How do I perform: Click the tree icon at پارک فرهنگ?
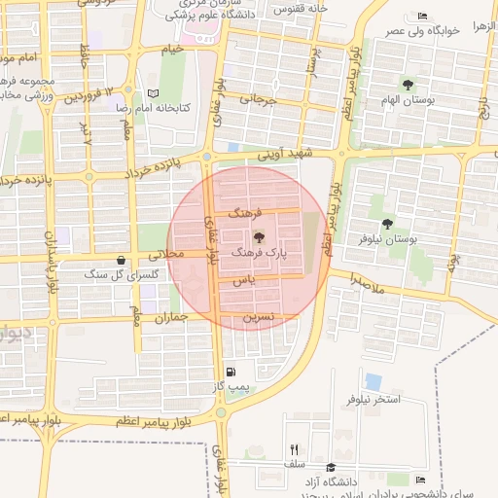tap(259, 236)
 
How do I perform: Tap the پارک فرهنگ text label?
tap(259, 252)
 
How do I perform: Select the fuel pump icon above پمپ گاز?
tap(231, 372)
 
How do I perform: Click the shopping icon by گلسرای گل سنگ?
tap(121, 261)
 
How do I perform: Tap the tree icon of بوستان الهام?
tap(408, 86)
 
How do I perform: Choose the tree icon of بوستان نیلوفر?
tap(388, 224)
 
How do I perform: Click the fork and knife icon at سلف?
tap(294, 449)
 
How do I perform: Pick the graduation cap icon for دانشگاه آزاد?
tap(331, 468)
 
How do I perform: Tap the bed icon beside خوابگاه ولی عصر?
tap(421, 17)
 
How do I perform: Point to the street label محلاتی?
tap(162, 253)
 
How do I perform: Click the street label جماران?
tap(169, 317)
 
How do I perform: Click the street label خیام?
tap(172, 49)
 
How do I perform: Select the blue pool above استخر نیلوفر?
tap(373, 381)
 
